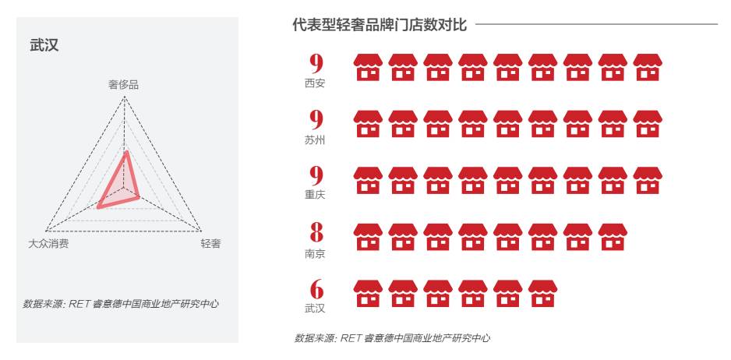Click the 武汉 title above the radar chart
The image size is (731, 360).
(44, 47)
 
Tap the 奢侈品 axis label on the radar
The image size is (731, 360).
(124, 84)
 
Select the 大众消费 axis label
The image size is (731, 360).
(48, 244)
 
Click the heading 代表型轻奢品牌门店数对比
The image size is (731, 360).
(380, 26)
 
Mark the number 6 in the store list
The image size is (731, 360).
(316, 289)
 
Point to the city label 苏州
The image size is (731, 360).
(316, 140)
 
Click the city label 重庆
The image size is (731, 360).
(316, 196)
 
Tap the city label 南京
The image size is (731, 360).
(316, 252)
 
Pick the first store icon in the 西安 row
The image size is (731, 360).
(369, 69)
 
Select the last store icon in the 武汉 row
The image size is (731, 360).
(543, 293)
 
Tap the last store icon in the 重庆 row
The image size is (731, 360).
(648, 181)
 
